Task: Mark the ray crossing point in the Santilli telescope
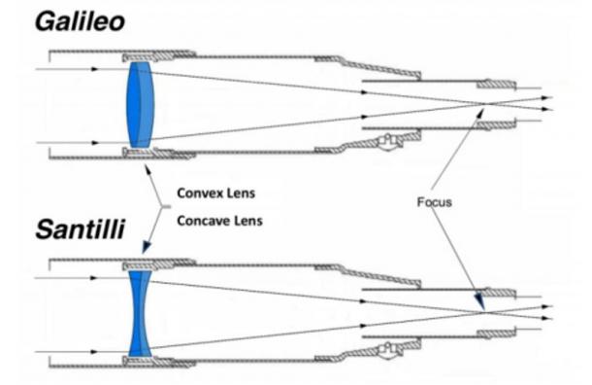(x=483, y=311)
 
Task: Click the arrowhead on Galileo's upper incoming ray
(x=93, y=69)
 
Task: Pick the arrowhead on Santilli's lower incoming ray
(x=93, y=351)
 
